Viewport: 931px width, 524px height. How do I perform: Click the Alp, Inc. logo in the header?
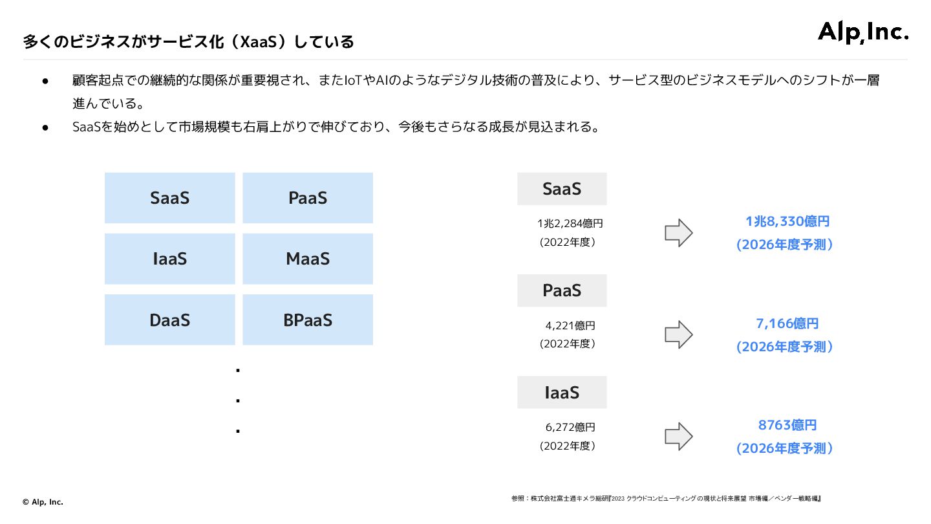[863, 32]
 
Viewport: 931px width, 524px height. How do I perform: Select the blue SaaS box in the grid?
[169, 198]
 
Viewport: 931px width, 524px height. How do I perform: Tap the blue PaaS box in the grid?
[308, 198]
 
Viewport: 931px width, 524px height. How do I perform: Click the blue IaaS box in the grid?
[169, 259]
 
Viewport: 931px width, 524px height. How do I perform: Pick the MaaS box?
[308, 259]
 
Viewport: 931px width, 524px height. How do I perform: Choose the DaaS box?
[169, 320]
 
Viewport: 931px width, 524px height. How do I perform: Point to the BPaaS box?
[308, 320]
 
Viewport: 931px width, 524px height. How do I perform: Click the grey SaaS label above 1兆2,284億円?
[562, 189]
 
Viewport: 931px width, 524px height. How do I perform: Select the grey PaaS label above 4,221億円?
[562, 290]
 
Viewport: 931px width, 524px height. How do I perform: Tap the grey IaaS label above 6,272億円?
[562, 392]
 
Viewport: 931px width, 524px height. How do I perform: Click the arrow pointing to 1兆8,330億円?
[678, 233]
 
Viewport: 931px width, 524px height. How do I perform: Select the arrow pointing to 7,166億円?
[678, 334]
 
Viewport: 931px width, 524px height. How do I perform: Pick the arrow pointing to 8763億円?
[678, 436]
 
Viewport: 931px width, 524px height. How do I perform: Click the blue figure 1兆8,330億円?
[787, 222]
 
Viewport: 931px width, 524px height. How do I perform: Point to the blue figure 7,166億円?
[787, 323]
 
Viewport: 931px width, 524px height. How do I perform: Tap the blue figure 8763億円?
[787, 425]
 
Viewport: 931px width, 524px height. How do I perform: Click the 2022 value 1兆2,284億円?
[570, 224]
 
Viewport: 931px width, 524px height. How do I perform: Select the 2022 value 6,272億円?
[570, 428]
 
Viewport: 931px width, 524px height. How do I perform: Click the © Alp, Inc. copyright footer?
[43, 501]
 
